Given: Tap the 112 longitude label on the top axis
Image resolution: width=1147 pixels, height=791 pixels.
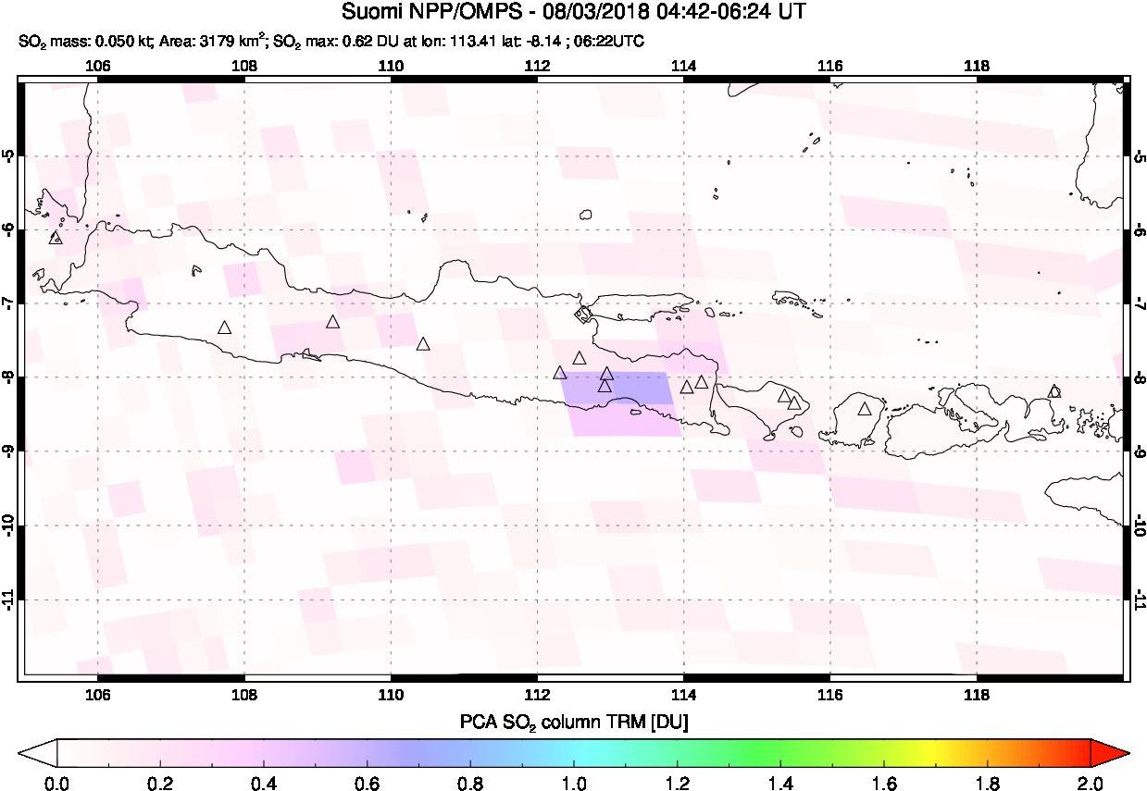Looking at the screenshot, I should tap(537, 65).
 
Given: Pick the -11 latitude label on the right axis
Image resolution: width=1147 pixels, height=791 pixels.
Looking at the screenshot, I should tap(1139, 600).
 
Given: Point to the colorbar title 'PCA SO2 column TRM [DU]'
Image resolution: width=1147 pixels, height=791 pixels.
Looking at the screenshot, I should tap(574, 721).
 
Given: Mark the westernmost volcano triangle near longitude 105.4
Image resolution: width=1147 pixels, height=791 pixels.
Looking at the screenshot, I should tap(55, 238).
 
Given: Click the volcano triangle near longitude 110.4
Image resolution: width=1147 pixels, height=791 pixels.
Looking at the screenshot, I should tap(423, 344).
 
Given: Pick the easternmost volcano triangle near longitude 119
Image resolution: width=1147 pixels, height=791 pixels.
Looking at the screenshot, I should tap(1053, 391).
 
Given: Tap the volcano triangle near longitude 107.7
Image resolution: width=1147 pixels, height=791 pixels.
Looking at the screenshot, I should tap(224, 328).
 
